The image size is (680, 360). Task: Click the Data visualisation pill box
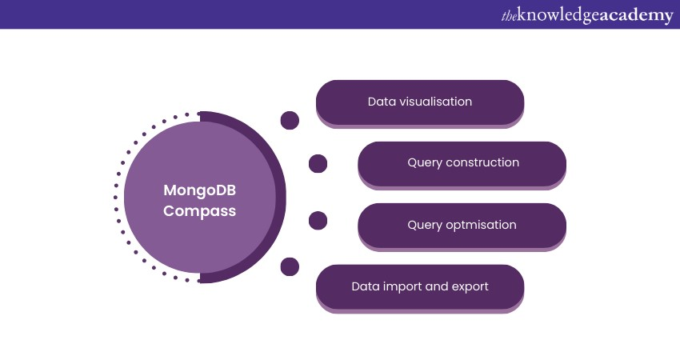coord(420,102)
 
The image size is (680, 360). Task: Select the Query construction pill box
coord(462,163)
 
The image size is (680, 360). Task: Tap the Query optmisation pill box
coord(462,225)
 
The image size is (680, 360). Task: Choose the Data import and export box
coord(420,286)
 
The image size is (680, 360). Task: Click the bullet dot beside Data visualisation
coord(290,121)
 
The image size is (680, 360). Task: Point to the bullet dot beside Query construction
coord(318,164)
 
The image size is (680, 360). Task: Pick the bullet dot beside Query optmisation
coord(318,221)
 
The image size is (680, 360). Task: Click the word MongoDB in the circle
coord(200,190)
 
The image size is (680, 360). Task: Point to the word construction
coord(482,163)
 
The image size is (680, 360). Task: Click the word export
coord(469,286)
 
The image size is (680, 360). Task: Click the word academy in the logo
coord(635,15)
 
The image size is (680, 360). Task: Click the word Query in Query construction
coord(424,163)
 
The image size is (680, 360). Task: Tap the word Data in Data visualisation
coord(382,102)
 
